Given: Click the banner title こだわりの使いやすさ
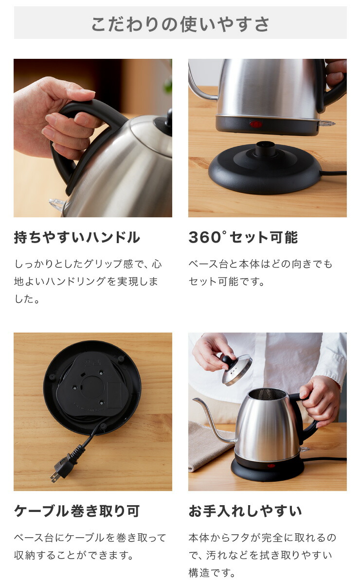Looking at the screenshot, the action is tap(180, 24).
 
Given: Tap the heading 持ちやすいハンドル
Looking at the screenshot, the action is tap(77, 237).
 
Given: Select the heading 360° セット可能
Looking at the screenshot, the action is tap(243, 237).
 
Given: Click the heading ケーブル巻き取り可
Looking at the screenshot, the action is tap(77, 511).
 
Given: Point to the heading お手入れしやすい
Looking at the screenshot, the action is tap(245, 511).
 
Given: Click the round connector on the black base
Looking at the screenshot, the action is tap(265, 149).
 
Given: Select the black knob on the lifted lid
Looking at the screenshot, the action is tap(227, 359).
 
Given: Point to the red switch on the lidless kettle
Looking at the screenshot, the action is tap(271, 465).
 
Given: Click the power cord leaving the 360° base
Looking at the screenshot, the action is tap(333, 173).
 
